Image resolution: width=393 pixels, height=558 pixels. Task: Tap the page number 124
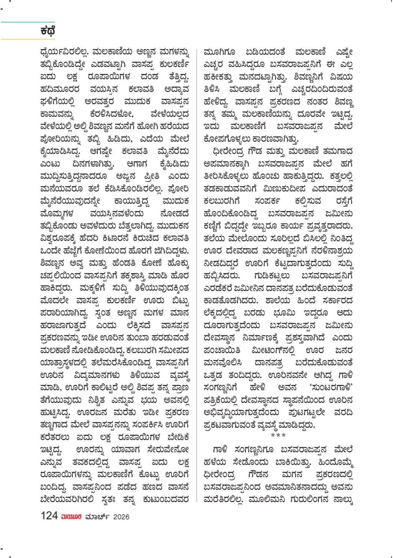point(49,516)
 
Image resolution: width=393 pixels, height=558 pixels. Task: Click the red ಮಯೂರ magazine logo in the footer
point(71,516)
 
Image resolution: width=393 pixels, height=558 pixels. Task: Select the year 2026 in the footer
point(121,517)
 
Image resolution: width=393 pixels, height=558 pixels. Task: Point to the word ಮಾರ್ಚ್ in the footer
point(98,516)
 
